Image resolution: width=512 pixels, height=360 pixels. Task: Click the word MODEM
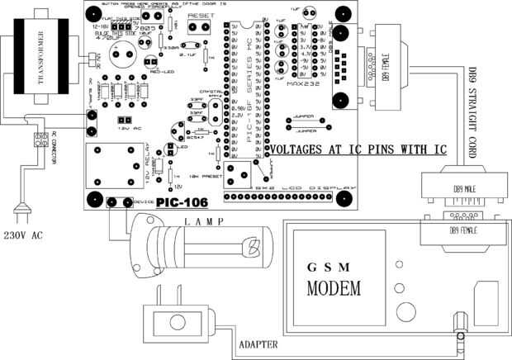(334, 290)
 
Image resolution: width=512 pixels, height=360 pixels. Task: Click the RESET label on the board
(199, 16)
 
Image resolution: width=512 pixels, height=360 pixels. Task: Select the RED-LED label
(159, 72)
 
